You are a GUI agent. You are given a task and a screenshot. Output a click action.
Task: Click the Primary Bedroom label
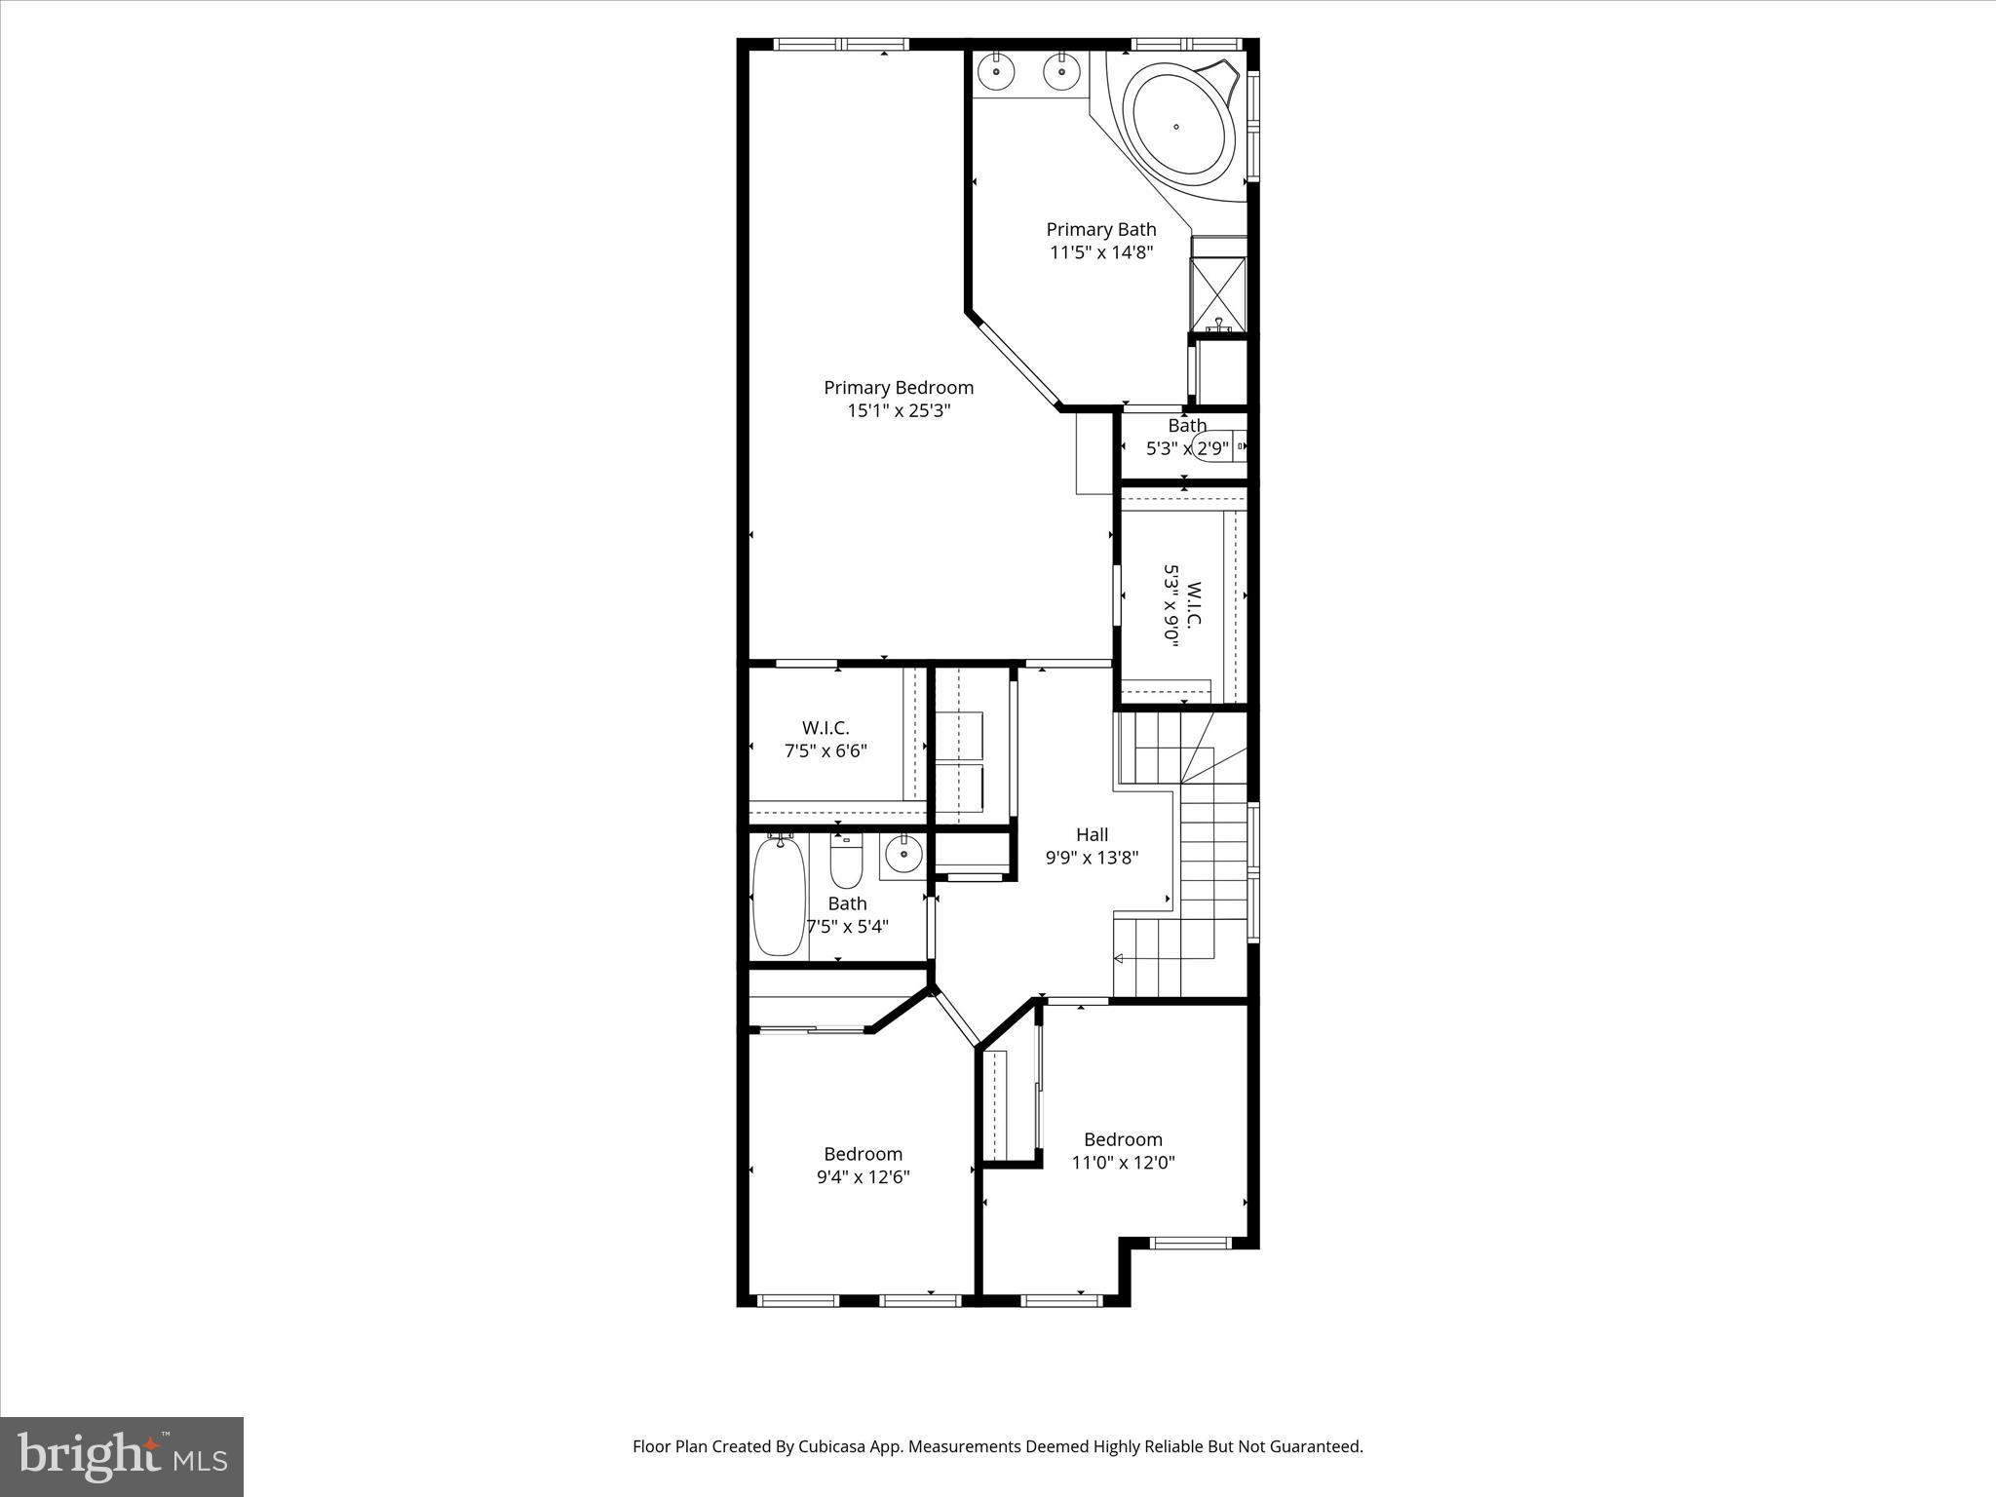[x=898, y=387]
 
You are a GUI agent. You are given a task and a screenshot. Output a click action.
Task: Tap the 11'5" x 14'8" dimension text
[x=1101, y=252]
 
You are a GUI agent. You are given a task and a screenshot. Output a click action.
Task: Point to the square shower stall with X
[x=1218, y=292]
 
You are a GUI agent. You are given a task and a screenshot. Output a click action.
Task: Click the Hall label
[x=1092, y=834]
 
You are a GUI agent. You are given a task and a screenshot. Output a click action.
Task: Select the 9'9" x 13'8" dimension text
[x=1092, y=858]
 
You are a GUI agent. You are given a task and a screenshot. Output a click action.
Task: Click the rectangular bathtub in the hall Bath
[x=779, y=896]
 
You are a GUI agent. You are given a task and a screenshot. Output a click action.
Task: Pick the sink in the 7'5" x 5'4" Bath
[x=903, y=855]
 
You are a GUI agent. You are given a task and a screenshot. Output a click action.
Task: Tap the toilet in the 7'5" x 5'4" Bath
[x=846, y=863]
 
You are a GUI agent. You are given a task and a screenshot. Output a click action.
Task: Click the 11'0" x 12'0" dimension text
[x=1123, y=1163]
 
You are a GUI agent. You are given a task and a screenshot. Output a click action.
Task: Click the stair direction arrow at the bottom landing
[x=1119, y=959]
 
